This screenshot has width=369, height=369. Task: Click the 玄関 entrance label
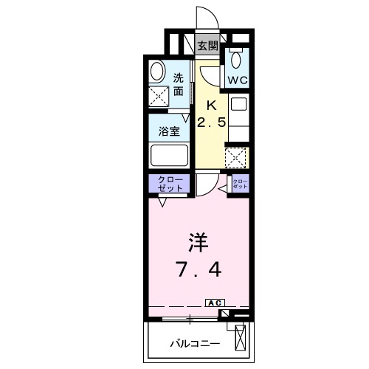tap(207, 45)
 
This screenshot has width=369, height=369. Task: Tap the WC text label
tap(238, 80)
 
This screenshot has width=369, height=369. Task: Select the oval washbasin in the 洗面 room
tap(158, 72)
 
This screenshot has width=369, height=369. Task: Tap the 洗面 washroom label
tap(179, 85)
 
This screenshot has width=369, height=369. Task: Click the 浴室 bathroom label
tap(169, 132)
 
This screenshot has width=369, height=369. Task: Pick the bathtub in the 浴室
tap(169, 156)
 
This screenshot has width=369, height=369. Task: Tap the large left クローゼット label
tap(170, 183)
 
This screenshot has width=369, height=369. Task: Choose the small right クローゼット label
tap(240, 184)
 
